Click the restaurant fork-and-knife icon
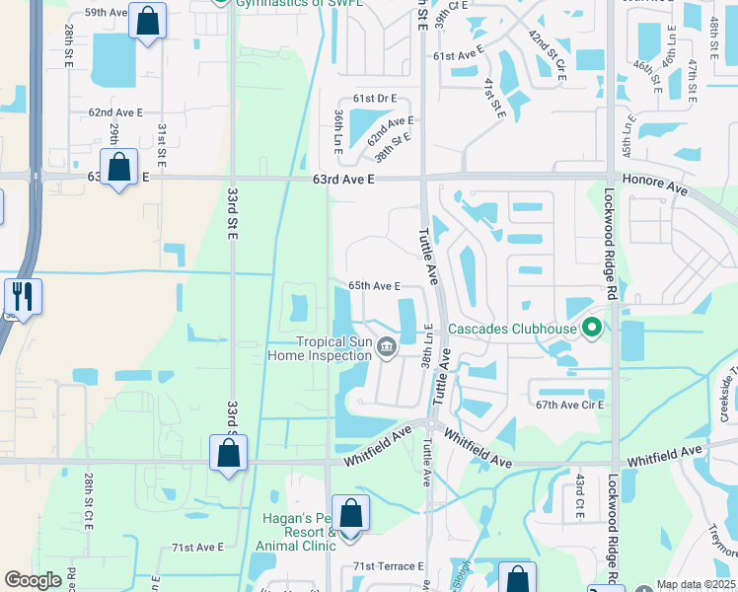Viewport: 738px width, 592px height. coord(22,296)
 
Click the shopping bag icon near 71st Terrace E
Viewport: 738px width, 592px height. coord(517,579)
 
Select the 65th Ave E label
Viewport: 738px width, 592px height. coord(373,286)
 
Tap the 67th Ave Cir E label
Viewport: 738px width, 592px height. coord(569,405)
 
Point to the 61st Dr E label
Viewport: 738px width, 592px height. coord(375,99)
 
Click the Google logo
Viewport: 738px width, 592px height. coord(34,579)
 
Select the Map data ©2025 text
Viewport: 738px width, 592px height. coord(696,584)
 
